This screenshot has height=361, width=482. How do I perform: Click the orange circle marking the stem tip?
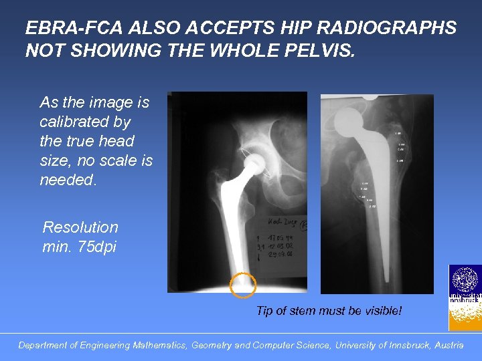pos(242,285)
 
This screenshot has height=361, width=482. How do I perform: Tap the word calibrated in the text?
pos(85,122)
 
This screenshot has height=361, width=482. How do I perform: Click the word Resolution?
pos(80,227)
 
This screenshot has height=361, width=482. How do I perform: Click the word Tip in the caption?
pos(265,311)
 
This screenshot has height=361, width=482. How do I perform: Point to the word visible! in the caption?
pos(384,311)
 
